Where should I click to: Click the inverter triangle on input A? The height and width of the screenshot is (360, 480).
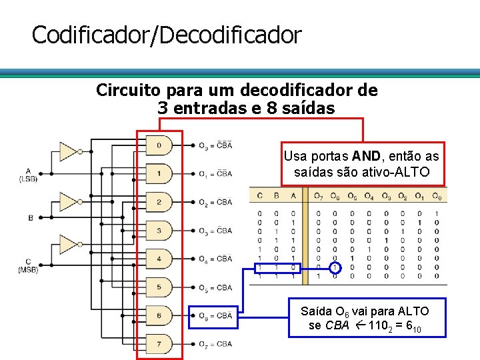[x=68, y=151]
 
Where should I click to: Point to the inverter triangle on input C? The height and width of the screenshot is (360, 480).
[x=68, y=244]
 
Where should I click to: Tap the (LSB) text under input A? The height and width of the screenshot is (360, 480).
[x=28, y=179]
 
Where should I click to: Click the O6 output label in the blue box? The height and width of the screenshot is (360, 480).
[x=215, y=316]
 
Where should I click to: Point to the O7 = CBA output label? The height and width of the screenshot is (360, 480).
[x=215, y=345]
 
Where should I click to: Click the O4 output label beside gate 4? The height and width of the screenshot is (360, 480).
[x=215, y=259]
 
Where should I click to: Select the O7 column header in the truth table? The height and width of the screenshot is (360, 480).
[x=319, y=196]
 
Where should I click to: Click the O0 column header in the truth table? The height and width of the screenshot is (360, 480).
[x=436, y=196]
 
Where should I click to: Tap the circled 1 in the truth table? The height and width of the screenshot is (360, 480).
[x=335, y=267]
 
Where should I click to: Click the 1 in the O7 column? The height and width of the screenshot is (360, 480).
[x=318, y=276]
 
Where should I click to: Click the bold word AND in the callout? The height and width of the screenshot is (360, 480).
[x=367, y=157]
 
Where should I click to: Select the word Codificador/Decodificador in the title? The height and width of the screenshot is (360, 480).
[x=167, y=35]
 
